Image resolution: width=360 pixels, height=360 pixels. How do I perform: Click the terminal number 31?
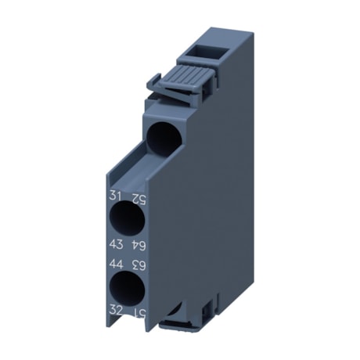click(114, 196)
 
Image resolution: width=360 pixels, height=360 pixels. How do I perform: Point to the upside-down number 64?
click(137, 246)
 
